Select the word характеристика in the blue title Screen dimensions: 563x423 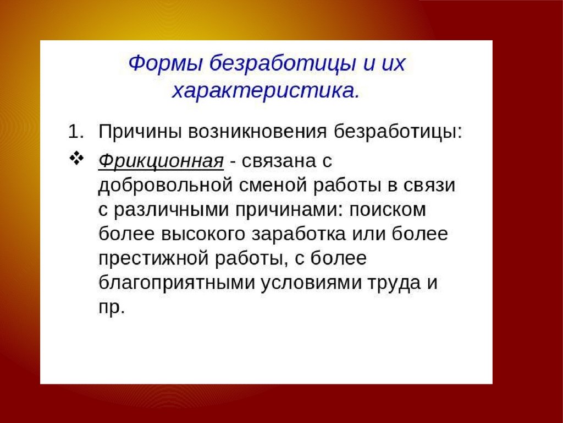[266, 91]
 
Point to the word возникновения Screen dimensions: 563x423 [257, 132]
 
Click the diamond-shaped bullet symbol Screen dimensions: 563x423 [76, 159]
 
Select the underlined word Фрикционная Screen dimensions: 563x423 [161, 161]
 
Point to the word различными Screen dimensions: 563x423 [171, 210]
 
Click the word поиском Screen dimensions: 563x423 [388, 210]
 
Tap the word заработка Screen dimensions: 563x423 [299, 234]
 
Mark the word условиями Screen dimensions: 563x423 [311, 283]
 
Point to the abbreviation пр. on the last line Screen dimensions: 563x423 [111, 308]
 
